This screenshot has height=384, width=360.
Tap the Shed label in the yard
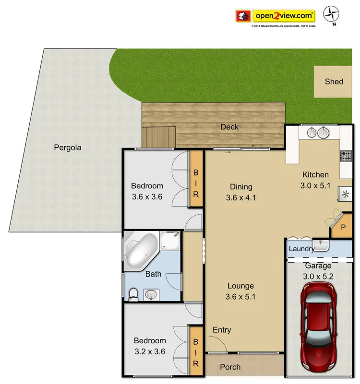334,81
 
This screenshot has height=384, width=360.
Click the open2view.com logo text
285,16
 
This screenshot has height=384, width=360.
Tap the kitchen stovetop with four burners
346,156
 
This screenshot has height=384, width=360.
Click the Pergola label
67,148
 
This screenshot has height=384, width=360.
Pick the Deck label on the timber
229,127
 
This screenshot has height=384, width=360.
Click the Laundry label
301,249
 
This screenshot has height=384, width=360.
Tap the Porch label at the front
230,367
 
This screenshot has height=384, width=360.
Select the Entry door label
222,330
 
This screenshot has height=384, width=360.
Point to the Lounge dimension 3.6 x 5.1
240,297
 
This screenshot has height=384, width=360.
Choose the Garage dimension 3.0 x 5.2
319,276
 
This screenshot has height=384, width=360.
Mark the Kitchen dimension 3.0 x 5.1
315,186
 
